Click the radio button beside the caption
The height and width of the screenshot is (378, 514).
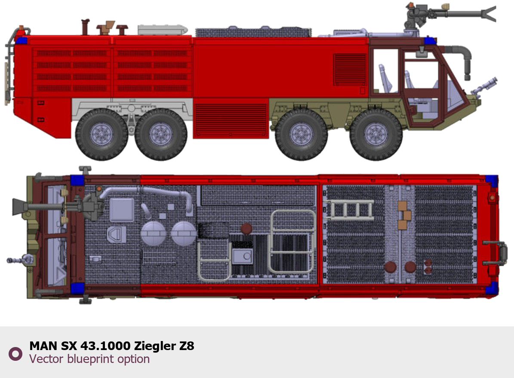pos(15,354)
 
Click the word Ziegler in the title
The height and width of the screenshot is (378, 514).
pos(154,346)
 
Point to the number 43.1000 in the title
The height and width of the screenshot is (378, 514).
pos(105,346)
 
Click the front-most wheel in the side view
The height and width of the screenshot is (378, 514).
pos(376,135)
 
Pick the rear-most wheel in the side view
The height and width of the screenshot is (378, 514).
pos(102,135)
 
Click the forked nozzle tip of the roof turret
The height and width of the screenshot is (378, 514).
pos(489,14)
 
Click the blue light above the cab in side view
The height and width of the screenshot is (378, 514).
pos(430,41)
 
